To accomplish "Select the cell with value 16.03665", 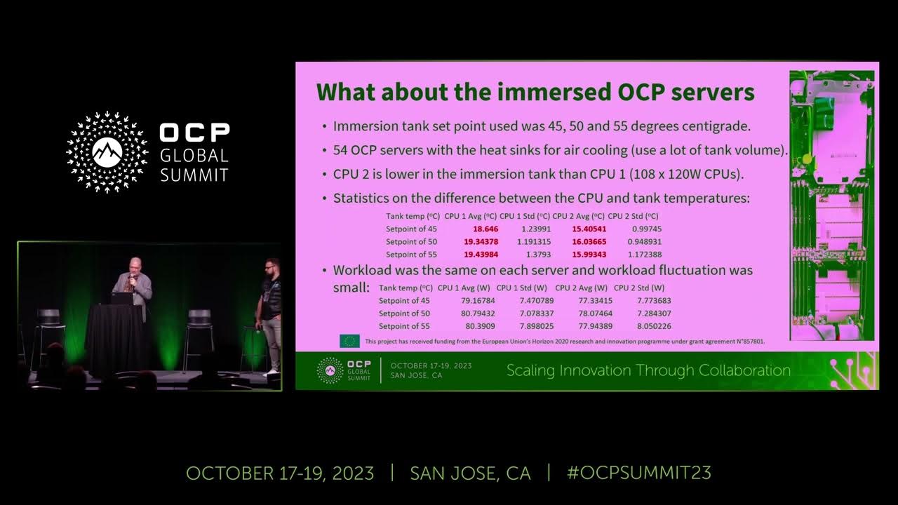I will pos(589,241).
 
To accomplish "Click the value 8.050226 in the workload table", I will pos(654,326).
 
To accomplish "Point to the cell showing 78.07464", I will pos(576,314).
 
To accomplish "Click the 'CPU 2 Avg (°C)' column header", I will pos(578,216).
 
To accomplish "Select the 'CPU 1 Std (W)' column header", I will pos(521,288).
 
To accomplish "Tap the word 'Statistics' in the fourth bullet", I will pos(364,198).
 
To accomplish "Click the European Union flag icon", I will pos(349,341).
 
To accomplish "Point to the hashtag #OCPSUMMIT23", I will pos(638,473).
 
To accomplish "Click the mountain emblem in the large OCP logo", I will pos(107,149).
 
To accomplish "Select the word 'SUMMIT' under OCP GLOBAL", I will pos(194,175).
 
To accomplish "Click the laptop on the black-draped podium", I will pos(121,298).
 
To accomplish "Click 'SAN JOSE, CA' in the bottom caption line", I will pos(470,473).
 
